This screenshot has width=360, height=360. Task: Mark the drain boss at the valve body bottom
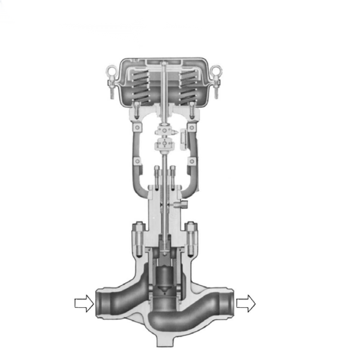(164, 340)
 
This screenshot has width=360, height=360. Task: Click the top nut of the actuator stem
(164, 64)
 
